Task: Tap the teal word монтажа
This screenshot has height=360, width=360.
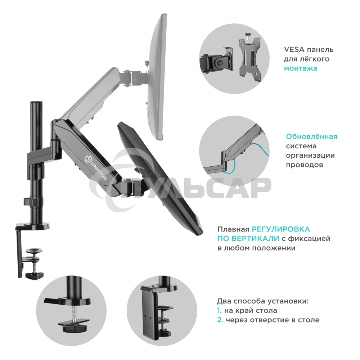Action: coord(301,68)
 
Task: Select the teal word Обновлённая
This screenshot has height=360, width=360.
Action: coord(311,136)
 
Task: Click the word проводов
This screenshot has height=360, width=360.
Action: coord(305,165)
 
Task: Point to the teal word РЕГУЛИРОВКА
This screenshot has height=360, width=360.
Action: coord(281,229)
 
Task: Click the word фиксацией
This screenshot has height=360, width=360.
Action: coord(309,239)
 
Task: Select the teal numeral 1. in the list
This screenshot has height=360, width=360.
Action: coord(220,311)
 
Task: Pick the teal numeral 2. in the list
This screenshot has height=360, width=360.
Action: coord(220,320)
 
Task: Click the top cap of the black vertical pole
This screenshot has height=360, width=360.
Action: coord(36,102)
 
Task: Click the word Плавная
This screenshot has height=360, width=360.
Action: coord(233,229)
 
